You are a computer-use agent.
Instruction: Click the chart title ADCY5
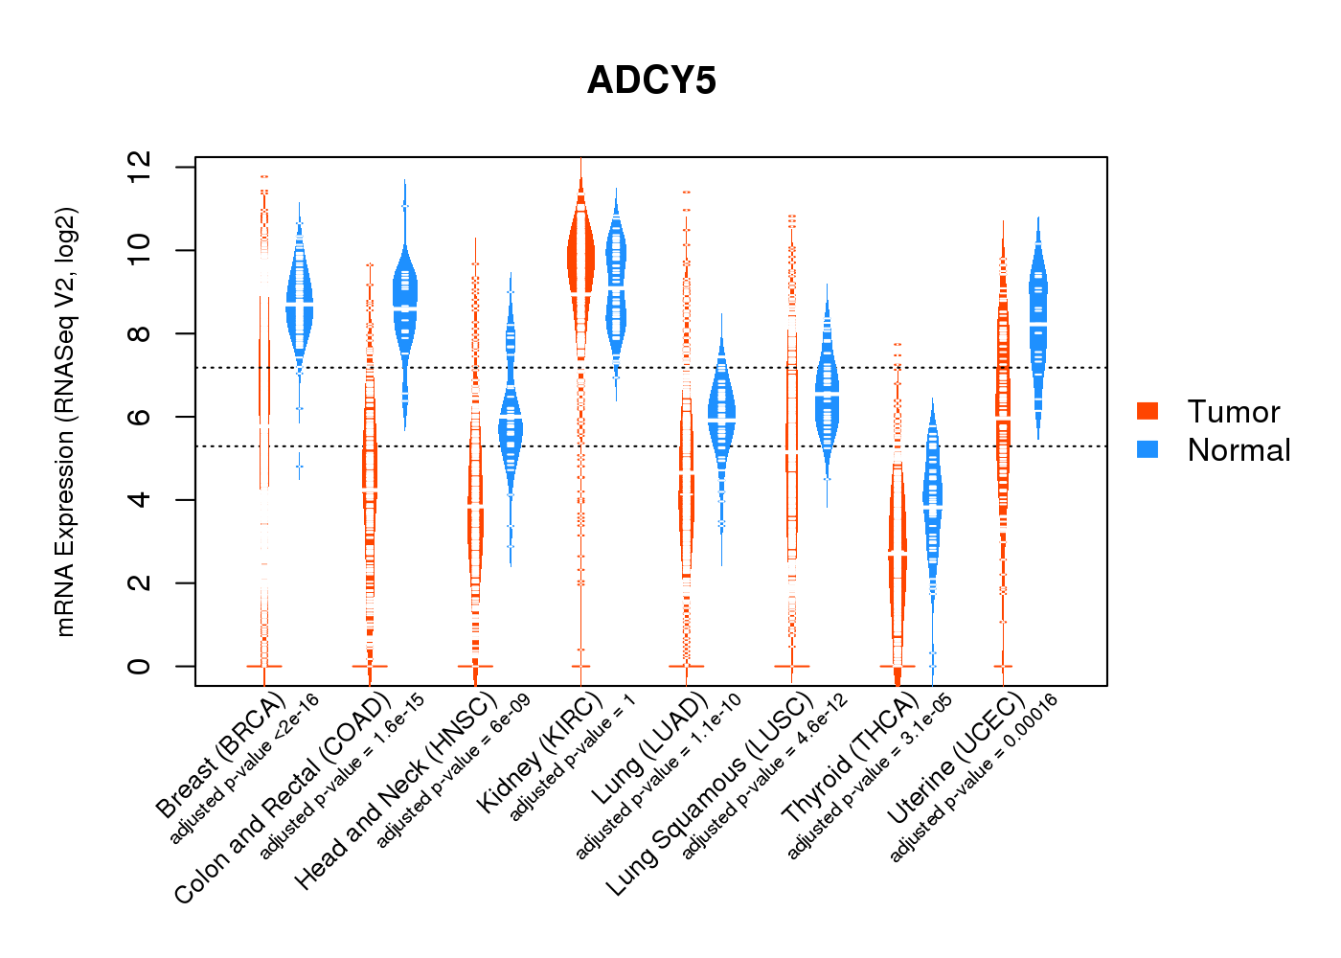pyautogui.click(x=651, y=80)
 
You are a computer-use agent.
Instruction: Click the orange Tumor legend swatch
pyautogui.click(x=1148, y=411)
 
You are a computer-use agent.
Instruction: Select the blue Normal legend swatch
pyautogui.click(x=1148, y=449)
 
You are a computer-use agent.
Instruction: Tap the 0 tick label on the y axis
pyautogui.click(x=139, y=666)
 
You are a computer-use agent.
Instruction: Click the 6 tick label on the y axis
pyautogui.click(x=139, y=416)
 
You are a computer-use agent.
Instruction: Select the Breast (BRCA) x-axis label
pyautogui.click(x=220, y=755)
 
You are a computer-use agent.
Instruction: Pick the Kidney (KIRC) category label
pyautogui.click(x=539, y=752)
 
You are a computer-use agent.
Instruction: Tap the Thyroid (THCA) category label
pyautogui.click(x=851, y=758)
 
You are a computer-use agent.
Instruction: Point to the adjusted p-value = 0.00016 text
pyautogui.click(x=974, y=778)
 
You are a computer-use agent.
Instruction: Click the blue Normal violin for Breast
pyautogui.click(x=299, y=306)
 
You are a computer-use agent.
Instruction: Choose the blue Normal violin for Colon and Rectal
pyautogui.click(x=405, y=299)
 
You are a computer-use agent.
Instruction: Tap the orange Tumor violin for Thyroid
pyautogui.click(x=898, y=538)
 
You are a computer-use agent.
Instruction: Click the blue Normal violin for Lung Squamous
pyautogui.click(x=827, y=395)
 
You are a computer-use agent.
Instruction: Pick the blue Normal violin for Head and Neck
pyautogui.click(x=511, y=420)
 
